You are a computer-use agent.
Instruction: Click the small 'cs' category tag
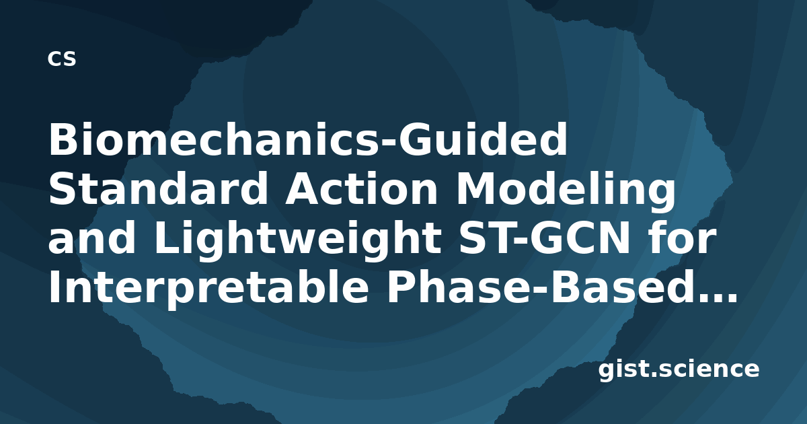(x=62, y=59)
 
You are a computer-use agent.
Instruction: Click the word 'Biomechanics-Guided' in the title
(x=308, y=139)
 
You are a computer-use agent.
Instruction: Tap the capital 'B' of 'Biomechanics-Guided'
(x=64, y=139)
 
